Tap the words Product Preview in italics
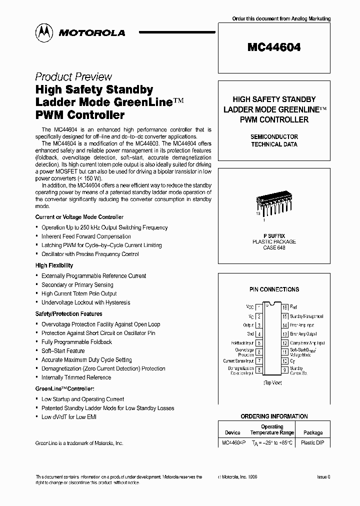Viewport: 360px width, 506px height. coord(73,77)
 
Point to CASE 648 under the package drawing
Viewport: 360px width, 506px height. coord(274,248)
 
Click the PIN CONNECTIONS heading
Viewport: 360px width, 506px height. coord(274,289)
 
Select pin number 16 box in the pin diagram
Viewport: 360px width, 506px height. coord(284,307)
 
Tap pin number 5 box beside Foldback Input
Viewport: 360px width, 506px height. coord(259,343)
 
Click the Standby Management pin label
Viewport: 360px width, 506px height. coord(306,316)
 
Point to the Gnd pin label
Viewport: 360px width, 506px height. coord(250,334)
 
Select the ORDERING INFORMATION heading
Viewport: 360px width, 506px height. coord(274,416)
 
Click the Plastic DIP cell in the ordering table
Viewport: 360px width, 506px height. coord(313,443)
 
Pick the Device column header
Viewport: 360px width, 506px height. coord(232,432)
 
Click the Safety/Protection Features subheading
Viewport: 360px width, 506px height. coord(68,314)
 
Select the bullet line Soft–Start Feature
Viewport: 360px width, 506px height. coord(63,351)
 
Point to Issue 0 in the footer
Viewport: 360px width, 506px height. coord(323,477)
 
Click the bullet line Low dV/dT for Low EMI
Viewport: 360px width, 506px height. coord(68,417)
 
